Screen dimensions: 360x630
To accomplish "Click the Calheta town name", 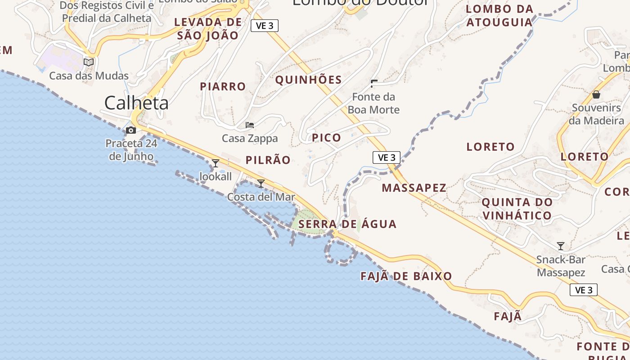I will (136, 103).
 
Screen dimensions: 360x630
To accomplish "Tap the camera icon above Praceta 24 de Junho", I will (131, 130).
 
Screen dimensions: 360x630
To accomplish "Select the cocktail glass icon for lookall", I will (216, 163).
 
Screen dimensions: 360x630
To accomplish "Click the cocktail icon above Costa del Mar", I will (261, 184).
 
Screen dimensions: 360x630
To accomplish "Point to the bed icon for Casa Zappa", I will (250, 125).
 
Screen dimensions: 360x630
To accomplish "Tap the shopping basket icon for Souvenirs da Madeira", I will (596, 94).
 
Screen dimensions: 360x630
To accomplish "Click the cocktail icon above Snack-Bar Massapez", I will (561, 246).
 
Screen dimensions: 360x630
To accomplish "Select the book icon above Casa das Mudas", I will (89, 62).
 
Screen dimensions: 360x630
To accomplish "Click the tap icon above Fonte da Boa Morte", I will (373, 83).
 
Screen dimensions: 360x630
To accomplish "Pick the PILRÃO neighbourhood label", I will (268, 160).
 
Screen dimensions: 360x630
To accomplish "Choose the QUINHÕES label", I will (308, 80).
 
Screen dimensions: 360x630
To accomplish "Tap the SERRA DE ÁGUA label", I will (347, 224).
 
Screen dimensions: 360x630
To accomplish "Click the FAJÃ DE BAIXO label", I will (406, 276).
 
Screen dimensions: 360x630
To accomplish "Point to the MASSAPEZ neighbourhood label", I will (414, 188).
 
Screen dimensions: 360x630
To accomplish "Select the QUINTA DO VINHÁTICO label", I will (517, 209).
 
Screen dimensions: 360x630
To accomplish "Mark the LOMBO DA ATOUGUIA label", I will (499, 15).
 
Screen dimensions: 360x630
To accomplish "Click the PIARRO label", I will (223, 86).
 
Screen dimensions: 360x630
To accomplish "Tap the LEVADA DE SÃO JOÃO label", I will (208, 29).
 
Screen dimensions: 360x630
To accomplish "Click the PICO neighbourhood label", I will (327, 138).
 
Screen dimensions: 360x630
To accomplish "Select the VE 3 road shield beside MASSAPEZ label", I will (387, 157).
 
